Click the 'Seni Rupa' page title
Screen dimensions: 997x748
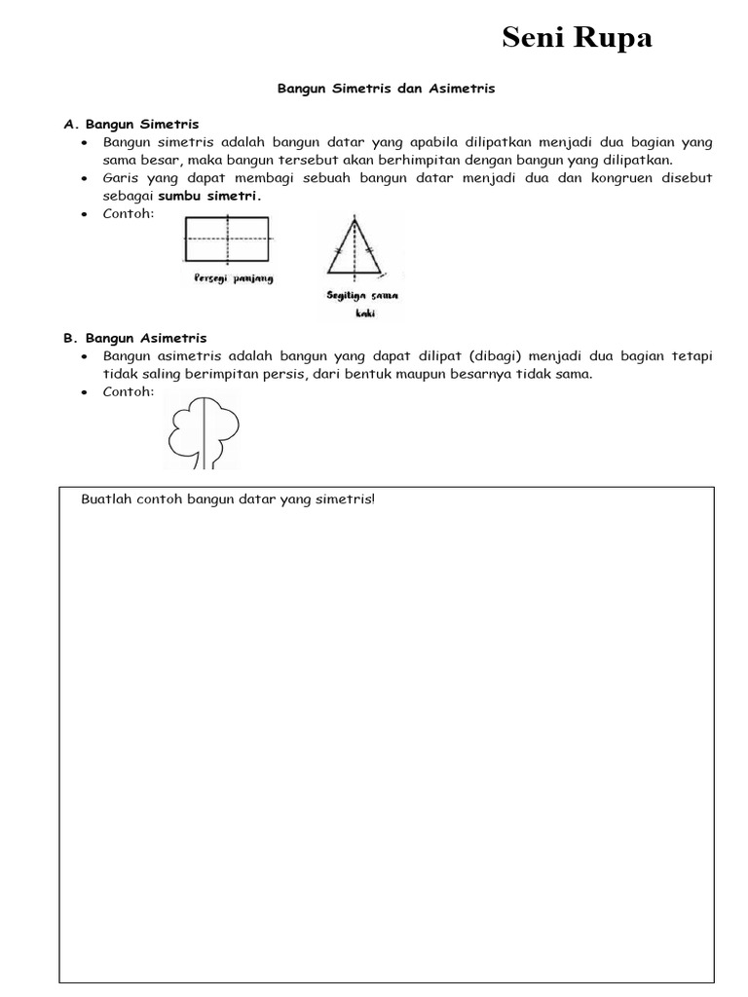pyautogui.click(x=577, y=38)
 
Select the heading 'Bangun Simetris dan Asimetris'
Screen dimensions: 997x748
pyautogui.click(x=387, y=89)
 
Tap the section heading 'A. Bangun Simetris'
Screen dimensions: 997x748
pyautogui.click(x=131, y=125)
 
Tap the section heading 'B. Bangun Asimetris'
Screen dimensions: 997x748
pyautogui.click(x=135, y=338)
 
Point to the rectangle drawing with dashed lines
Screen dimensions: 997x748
pyautogui.click(x=229, y=238)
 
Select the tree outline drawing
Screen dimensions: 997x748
pyautogui.click(x=204, y=429)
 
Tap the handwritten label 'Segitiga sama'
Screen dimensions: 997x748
pyautogui.click(x=362, y=295)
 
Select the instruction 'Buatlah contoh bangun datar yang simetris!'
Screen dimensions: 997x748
pyautogui.click(x=228, y=499)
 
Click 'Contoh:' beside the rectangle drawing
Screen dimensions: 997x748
pyautogui.click(x=130, y=213)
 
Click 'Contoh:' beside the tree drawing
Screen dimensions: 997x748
pyautogui.click(x=130, y=391)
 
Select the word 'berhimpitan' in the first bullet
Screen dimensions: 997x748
pyautogui.click(x=423, y=160)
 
